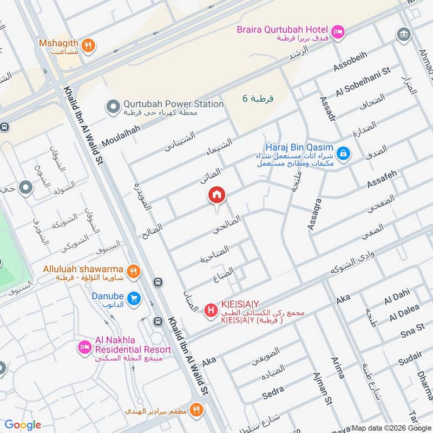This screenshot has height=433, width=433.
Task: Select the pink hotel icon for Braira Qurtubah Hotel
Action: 338,32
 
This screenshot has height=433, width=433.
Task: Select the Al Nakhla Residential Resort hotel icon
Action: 84,347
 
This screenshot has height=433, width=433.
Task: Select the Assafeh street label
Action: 382,179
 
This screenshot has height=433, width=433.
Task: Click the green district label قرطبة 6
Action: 258,98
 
